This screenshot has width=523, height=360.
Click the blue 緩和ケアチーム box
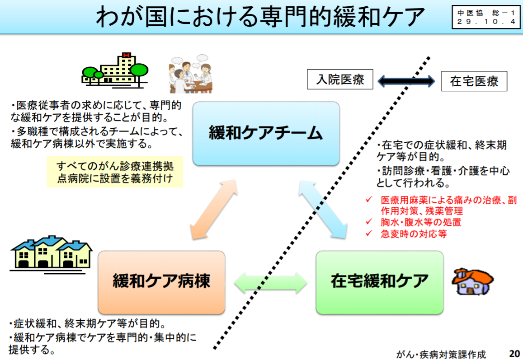click(x=266, y=133)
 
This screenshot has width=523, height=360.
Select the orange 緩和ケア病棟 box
click(x=161, y=282)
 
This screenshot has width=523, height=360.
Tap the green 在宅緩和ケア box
click(x=379, y=282)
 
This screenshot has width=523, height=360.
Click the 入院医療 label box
click(x=340, y=80)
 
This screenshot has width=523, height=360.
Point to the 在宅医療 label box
click(x=474, y=82)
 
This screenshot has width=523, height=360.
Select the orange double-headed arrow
click(x=214, y=208)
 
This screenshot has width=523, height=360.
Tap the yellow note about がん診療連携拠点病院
click(x=115, y=172)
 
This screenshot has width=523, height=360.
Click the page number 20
click(x=514, y=353)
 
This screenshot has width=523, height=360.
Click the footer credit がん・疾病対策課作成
click(x=441, y=354)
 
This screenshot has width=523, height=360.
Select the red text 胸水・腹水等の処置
click(x=420, y=222)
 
